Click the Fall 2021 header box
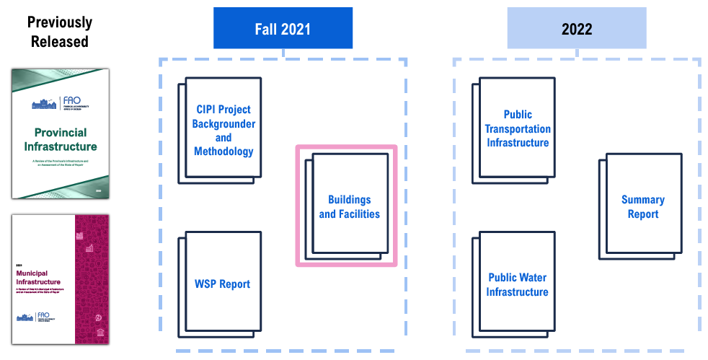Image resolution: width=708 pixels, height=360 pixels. click(283, 29)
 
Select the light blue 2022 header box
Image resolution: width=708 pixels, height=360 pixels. click(576, 29)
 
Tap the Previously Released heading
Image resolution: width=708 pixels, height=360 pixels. click(60, 32)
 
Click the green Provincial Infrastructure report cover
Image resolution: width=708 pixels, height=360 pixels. click(60, 133)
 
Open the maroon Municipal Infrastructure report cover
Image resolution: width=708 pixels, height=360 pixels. click(60, 278)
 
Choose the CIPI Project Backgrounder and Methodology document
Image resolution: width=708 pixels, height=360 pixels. click(223, 130)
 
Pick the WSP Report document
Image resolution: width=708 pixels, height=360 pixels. click(223, 284)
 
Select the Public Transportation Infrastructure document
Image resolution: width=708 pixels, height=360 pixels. click(517, 128)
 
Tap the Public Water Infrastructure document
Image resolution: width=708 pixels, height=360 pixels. click(517, 284)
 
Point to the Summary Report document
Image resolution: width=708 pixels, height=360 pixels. click(642, 206)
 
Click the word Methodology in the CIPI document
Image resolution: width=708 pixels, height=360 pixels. click(224, 152)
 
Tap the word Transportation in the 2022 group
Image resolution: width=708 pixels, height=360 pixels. click(518, 128)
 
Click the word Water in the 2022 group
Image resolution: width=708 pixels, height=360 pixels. click(534, 278)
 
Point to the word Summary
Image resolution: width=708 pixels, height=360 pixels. click(643, 199)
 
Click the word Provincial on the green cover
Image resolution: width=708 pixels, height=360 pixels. click(61, 133)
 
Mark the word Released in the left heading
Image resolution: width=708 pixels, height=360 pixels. click(60, 41)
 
